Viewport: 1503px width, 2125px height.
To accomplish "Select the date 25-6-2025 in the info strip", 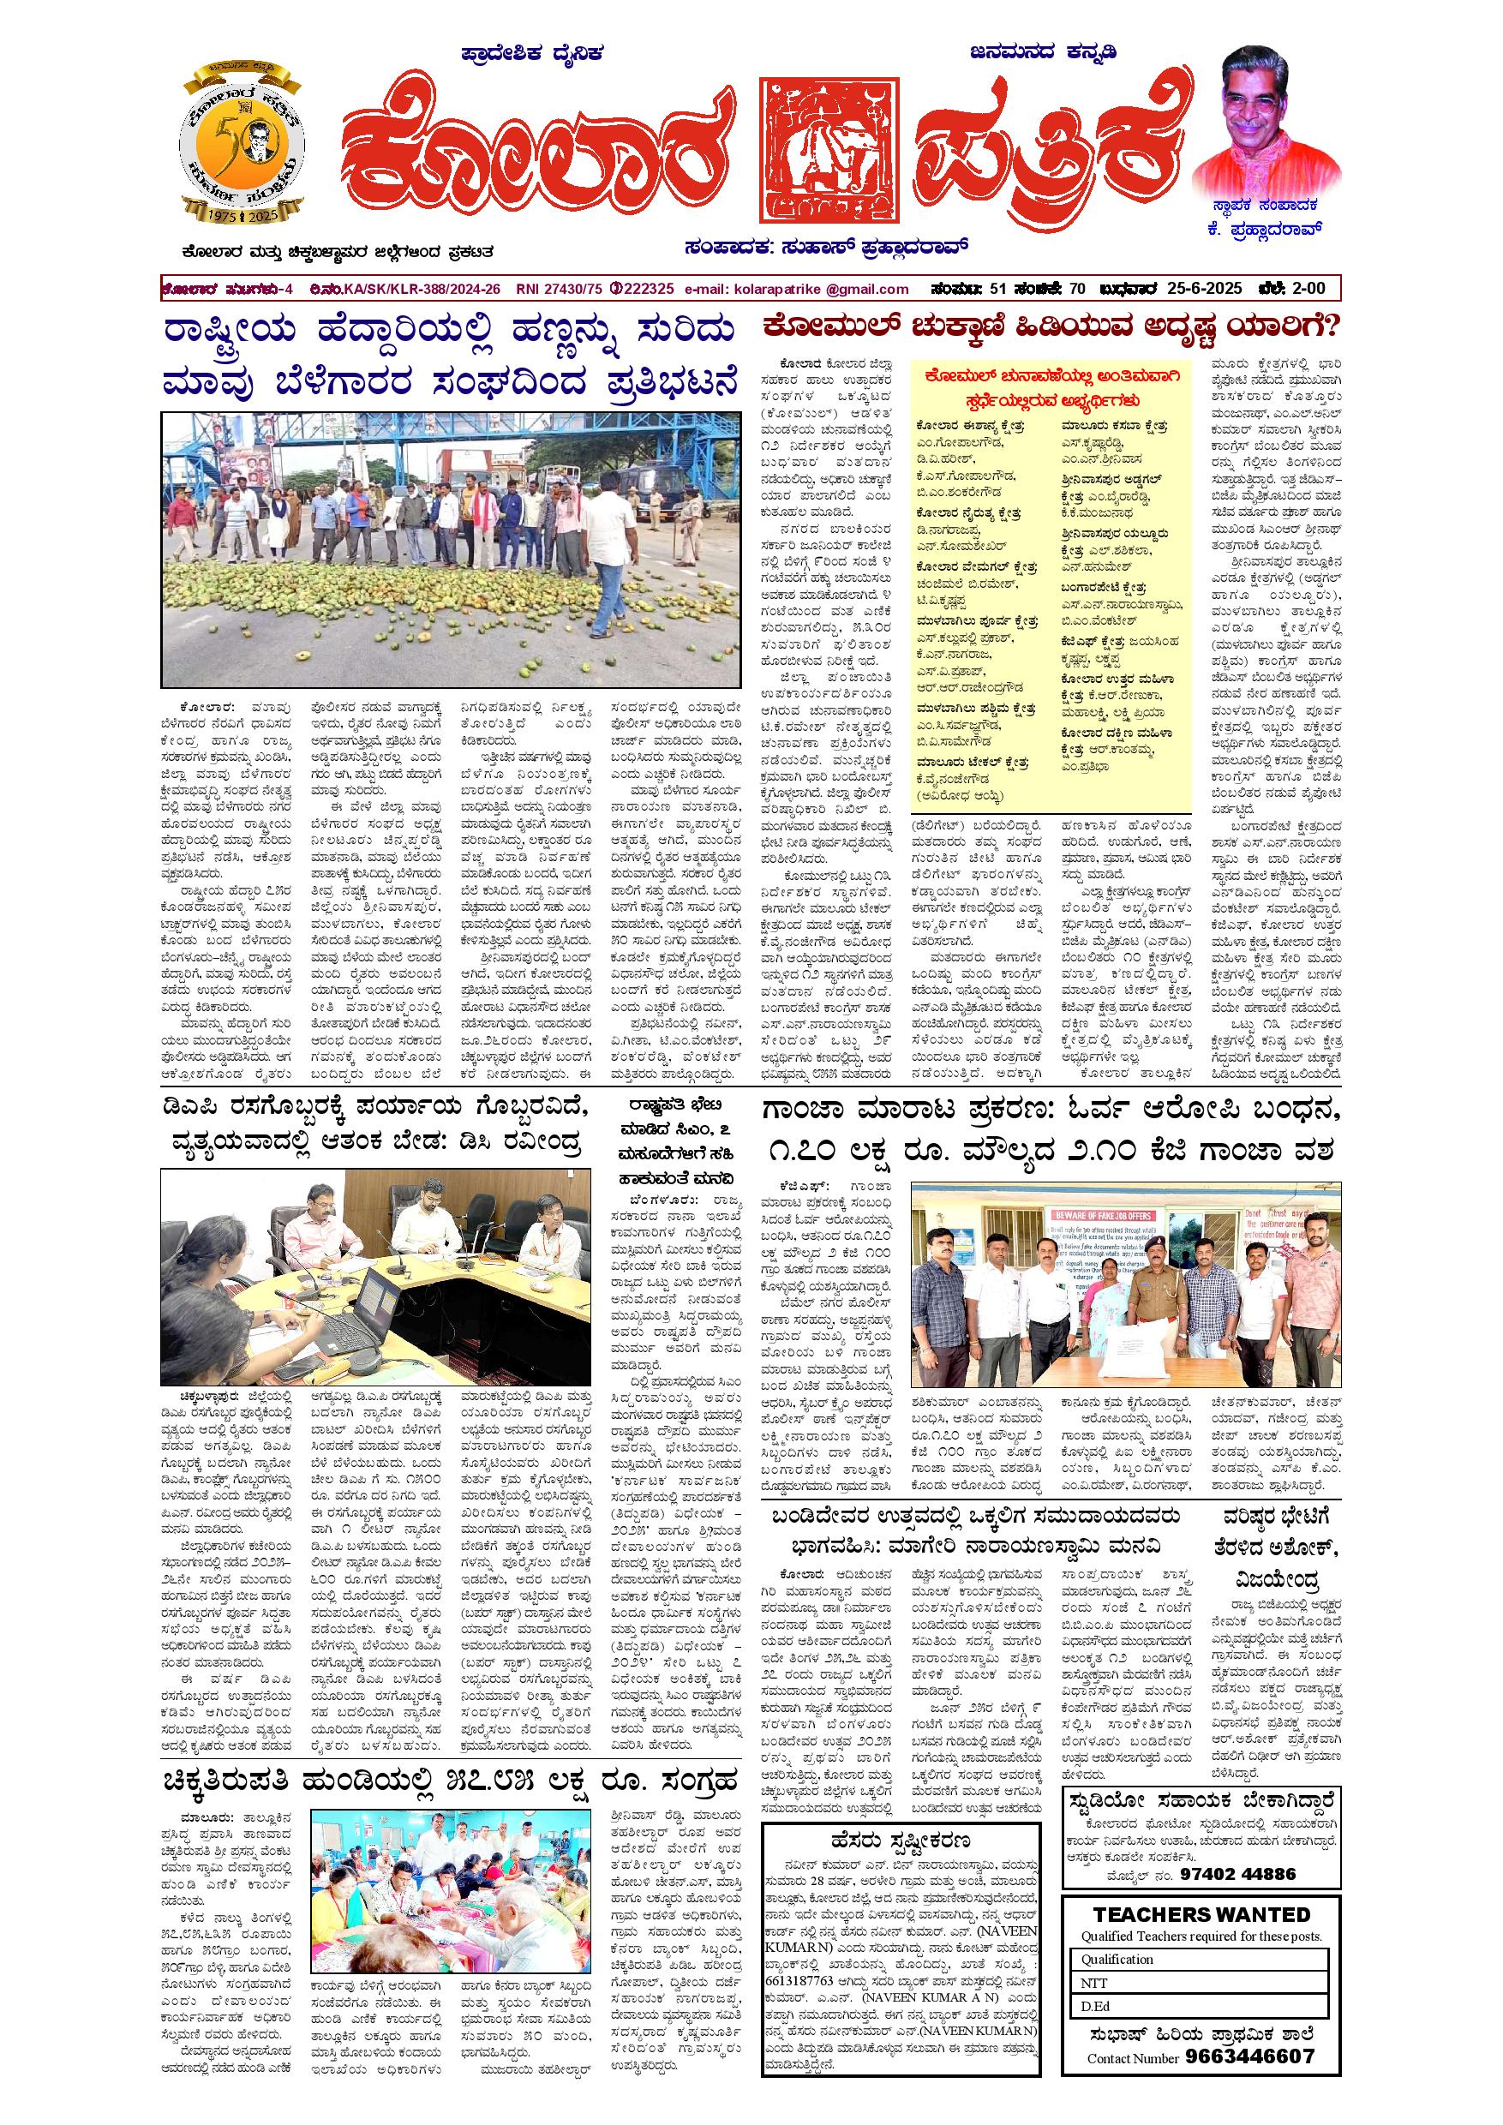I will [x=1200, y=289].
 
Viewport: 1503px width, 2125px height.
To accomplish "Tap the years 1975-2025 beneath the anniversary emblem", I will [x=242, y=215].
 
